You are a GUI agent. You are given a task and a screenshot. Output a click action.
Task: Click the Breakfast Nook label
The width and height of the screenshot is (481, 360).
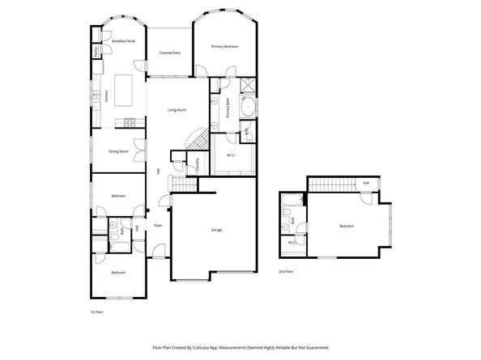tap(124, 40)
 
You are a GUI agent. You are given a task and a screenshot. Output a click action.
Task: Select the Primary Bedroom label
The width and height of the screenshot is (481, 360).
tap(224, 46)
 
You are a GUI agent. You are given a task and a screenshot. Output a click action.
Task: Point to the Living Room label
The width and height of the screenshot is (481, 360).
tap(177, 110)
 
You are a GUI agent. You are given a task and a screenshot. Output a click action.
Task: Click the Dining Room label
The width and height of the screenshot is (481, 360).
tap(119, 151)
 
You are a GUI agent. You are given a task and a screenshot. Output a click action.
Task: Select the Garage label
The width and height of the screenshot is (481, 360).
tap(216, 231)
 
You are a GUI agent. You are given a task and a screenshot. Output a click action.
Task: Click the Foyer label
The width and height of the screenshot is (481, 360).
tap(158, 225)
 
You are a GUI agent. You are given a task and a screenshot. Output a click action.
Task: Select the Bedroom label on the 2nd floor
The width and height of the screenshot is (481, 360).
tap(346, 226)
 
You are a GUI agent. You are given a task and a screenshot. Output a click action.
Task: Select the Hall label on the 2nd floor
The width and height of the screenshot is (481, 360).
tap(366, 183)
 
